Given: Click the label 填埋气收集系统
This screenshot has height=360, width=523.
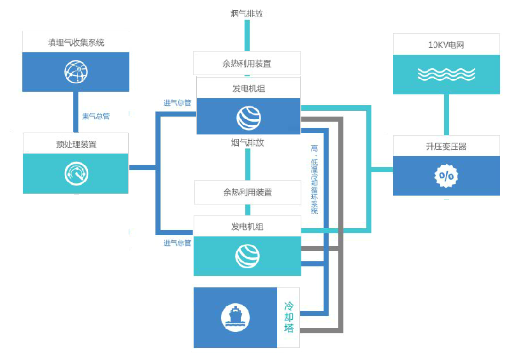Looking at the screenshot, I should (x=76, y=43).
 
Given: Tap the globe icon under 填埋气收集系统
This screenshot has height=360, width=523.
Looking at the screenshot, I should (x=76, y=71).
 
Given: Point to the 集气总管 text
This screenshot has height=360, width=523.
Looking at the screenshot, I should (x=96, y=116).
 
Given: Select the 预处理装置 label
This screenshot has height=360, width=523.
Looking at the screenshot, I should (x=76, y=144).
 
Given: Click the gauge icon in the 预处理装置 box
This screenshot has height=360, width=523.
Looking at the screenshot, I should (x=76, y=173).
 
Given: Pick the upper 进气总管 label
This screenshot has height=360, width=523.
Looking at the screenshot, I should (x=177, y=103).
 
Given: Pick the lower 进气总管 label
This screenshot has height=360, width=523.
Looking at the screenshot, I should (x=177, y=243).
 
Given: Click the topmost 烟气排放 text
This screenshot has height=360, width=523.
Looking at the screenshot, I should (x=247, y=13).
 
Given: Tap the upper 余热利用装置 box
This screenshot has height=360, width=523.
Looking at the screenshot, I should (x=247, y=64).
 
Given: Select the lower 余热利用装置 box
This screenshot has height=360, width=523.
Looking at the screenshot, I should (x=247, y=192).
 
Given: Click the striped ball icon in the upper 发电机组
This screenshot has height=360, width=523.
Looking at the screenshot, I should (x=248, y=117).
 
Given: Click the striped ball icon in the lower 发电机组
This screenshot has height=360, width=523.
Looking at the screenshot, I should (x=247, y=256).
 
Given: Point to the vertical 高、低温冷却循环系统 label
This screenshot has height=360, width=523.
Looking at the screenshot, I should (x=314, y=178).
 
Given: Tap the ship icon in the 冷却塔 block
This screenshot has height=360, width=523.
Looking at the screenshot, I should (x=235, y=317).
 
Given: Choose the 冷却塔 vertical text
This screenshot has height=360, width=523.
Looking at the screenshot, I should (x=289, y=317).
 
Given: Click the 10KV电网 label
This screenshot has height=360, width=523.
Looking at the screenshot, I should (x=446, y=45).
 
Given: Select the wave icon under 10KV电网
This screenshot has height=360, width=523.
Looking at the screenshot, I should (x=446, y=75).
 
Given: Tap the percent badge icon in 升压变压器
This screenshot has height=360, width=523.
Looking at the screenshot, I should (x=446, y=175).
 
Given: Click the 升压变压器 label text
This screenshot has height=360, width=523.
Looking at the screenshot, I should (x=446, y=146).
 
